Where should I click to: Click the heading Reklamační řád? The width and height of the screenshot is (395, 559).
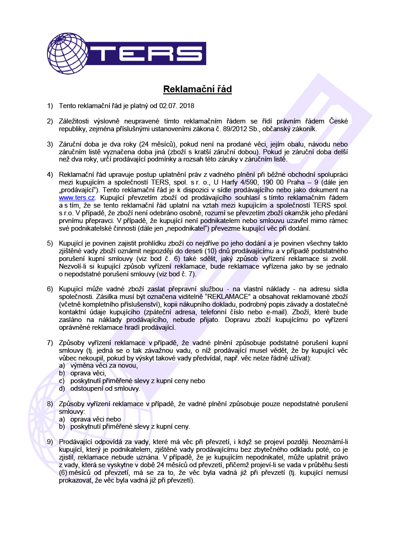tap(197, 89)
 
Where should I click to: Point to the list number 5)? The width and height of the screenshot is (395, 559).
tap(50, 243)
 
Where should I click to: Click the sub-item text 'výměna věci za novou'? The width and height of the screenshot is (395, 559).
tap(104, 365)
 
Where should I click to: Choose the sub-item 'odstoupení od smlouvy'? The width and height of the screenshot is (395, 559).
tap(105, 388)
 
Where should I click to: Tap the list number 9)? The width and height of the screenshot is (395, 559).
tap(50, 441)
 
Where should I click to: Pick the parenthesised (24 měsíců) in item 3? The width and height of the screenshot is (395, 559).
tap(141, 144)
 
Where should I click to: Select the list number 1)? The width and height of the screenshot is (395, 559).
tap(50, 106)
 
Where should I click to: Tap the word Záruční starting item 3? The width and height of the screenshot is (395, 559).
tap(71, 144)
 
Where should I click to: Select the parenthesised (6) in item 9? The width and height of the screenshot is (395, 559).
tap(64, 473)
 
